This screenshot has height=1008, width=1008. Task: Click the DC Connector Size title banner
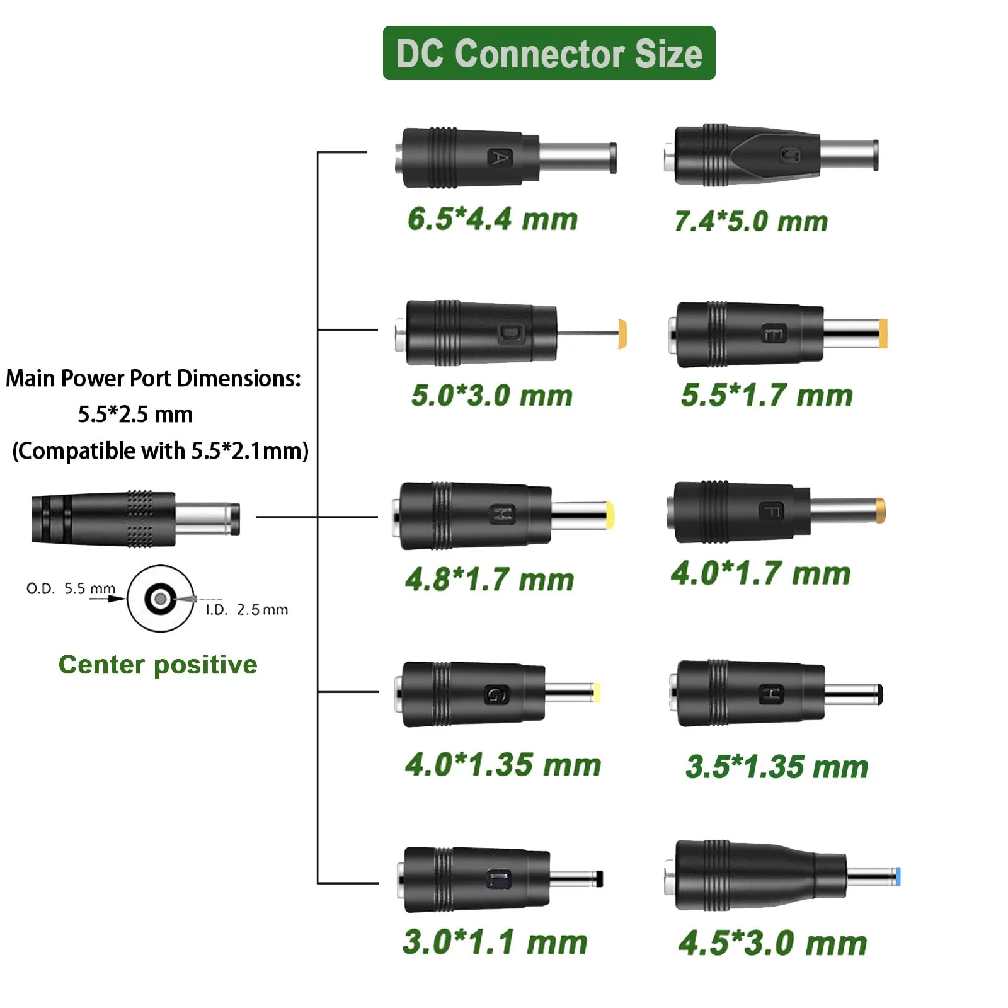click(x=549, y=53)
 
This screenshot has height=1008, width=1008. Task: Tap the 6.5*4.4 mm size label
click(x=492, y=219)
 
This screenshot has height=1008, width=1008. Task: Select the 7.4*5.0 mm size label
click(x=750, y=221)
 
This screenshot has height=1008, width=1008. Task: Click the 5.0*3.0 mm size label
click(x=491, y=396)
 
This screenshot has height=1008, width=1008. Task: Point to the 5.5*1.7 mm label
click(x=766, y=396)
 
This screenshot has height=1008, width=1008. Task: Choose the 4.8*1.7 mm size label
click(x=490, y=580)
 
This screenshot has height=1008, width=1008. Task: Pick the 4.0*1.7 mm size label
click(x=760, y=573)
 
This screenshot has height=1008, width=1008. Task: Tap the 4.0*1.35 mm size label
click(x=503, y=765)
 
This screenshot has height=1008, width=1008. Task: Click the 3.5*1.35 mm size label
click(x=777, y=767)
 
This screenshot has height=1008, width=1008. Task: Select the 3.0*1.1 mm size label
click(x=495, y=942)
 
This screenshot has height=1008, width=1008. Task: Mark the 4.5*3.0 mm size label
click(x=772, y=944)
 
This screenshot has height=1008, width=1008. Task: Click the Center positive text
click(x=157, y=665)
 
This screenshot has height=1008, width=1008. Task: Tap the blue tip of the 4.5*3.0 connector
click(x=897, y=876)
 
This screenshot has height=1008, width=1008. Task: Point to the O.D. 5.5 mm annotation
click(x=71, y=588)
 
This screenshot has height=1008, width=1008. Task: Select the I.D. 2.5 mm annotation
click(x=246, y=609)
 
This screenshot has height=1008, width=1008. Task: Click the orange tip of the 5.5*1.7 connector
click(x=883, y=333)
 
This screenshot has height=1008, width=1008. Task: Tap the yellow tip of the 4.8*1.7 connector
click(x=609, y=515)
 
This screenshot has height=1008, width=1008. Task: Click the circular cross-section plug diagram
click(x=161, y=597)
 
